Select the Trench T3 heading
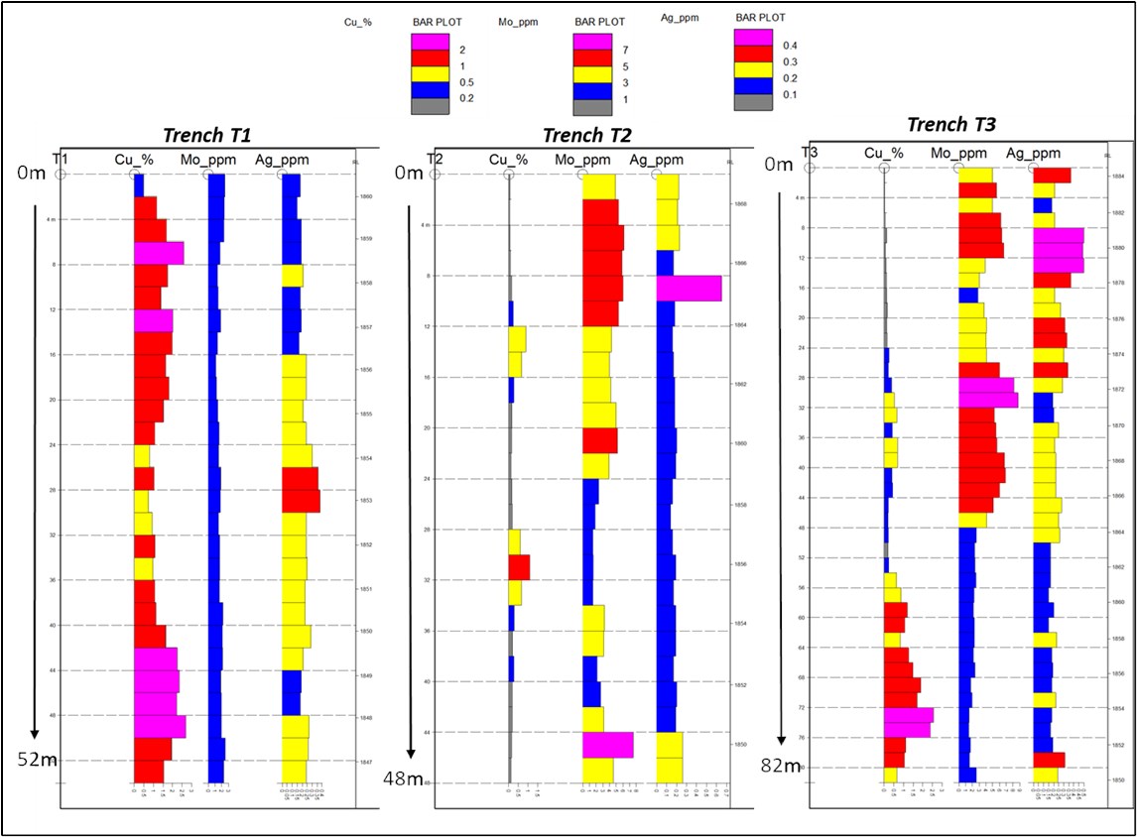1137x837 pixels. click(950, 125)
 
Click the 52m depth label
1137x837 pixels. click(36, 759)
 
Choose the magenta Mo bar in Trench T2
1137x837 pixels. click(607, 745)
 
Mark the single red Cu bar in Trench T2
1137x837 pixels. click(519, 567)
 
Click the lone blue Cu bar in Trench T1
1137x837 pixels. click(139, 185)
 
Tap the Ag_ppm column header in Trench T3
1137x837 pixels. click(1032, 153)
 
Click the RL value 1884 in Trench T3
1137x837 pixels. click(1118, 177)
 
